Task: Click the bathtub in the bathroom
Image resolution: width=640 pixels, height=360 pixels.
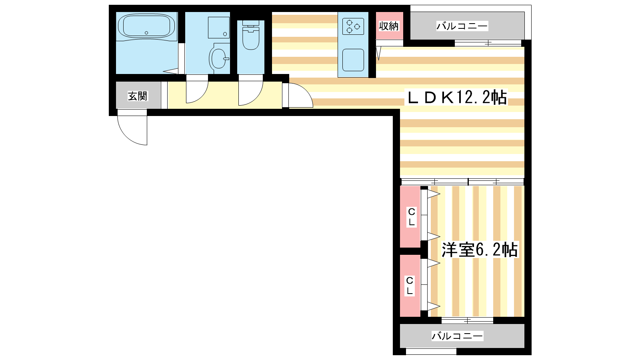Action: pyautogui.click(x=146, y=26)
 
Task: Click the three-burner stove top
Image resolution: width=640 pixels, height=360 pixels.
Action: pyautogui.click(x=353, y=26)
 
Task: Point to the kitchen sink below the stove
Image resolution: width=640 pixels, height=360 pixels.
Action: pyautogui.click(x=353, y=60)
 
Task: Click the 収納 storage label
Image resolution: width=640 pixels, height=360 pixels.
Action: pyautogui.click(x=388, y=26)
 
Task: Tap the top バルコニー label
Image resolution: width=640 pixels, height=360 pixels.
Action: pyautogui.click(x=462, y=26)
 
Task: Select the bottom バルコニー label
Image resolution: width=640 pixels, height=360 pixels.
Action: pyautogui.click(x=457, y=336)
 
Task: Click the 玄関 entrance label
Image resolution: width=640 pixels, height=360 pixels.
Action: pyautogui.click(x=138, y=96)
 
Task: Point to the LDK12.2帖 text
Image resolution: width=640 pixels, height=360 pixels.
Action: pyautogui.click(x=456, y=98)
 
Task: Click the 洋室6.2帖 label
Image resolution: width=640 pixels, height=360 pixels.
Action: pyautogui.click(x=480, y=250)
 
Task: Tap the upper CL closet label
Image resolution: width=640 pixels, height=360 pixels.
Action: pyautogui.click(x=412, y=217)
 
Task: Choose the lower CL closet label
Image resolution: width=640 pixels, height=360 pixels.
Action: pyautogui.click(x=410, y=286)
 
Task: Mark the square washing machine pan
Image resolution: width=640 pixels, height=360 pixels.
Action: pyautogui.click(x=219, y=28)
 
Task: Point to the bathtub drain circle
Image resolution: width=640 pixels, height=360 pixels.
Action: pyautogui.click(x=146, y=33)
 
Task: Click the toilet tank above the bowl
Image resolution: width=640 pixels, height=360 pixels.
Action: pyautogui.click(x=250, y=23)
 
